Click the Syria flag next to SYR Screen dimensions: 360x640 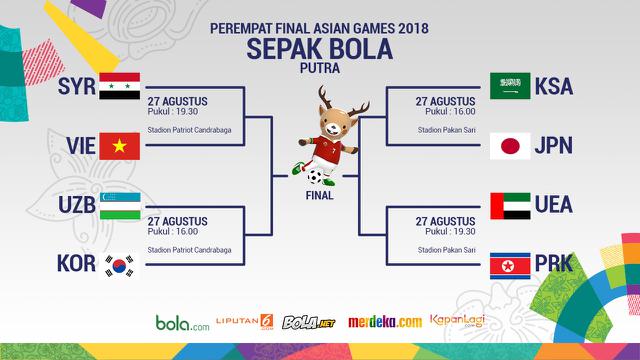[119, 85]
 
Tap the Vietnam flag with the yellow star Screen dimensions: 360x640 [119, 146]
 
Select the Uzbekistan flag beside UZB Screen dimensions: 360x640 [119, 205]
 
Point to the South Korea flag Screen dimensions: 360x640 [119, 265]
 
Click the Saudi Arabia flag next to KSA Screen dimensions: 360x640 [510, 86]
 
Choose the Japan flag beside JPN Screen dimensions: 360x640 [510, 146]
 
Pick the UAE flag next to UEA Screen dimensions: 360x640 [510, 205]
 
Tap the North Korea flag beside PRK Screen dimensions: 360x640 [510, 265]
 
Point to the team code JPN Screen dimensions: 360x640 [553, 146]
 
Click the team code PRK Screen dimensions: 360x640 [553, 265]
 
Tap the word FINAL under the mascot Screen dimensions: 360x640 [320, 196]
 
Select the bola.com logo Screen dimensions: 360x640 [181, 323]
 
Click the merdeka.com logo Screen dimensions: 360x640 [385, 322]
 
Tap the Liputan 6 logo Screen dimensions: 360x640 [246, 322]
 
